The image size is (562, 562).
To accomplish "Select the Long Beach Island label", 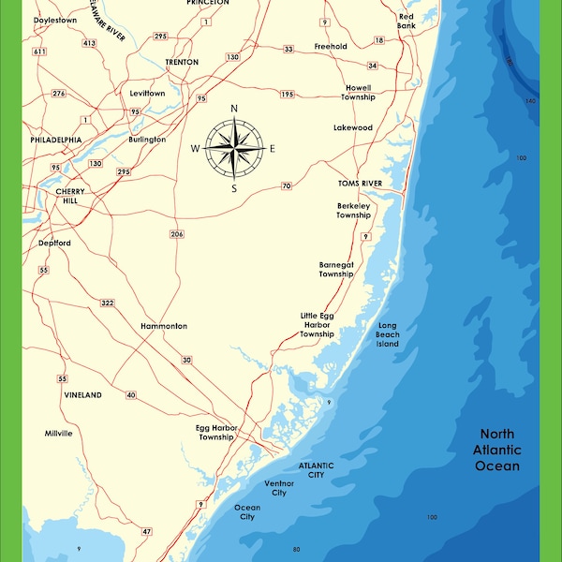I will point(388,334).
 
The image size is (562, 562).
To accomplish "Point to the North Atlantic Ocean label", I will point(498,450).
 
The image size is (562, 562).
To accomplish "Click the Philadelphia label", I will point(56,140).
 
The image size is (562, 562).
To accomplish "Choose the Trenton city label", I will point(182,62).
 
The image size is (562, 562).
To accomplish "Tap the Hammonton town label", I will point(164,326).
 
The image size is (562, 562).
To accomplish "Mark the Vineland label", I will point(82,395).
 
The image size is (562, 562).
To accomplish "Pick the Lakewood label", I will point(353,127).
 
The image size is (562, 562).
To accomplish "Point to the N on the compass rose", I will point(234,109).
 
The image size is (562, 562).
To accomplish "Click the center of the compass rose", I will point(234,148).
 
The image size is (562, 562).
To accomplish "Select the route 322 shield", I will point(107,303).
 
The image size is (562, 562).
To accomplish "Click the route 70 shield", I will point(287,185).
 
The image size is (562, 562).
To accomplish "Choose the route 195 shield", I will point(287,95).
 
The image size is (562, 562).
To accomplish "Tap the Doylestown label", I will point(54,19).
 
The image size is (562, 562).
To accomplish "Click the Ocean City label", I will point(247,512).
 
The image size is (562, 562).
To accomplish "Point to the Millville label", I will point(58,434).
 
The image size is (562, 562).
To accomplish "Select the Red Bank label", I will point(407,21).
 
